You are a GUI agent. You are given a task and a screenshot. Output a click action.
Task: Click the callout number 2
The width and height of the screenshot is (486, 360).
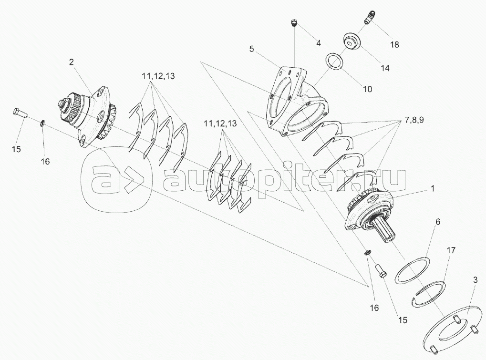pos(72,62)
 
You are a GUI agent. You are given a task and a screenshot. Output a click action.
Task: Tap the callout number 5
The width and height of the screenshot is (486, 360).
pos(251,49)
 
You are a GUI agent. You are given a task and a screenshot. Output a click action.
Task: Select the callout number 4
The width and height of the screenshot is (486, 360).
pos(318,43)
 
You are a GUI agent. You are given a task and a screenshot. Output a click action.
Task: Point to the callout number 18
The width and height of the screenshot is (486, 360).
pos(394,45)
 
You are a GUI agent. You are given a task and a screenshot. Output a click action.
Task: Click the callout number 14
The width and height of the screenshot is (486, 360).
pos(385,68)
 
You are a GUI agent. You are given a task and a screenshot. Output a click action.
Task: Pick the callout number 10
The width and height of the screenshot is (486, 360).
pos(367,89)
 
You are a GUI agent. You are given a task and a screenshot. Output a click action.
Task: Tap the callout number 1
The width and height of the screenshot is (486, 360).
pos(433,188)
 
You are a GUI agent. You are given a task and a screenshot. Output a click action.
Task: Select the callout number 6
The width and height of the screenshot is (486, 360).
pos(438,222)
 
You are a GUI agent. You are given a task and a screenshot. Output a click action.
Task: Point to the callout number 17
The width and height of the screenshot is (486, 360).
pos(451,250)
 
